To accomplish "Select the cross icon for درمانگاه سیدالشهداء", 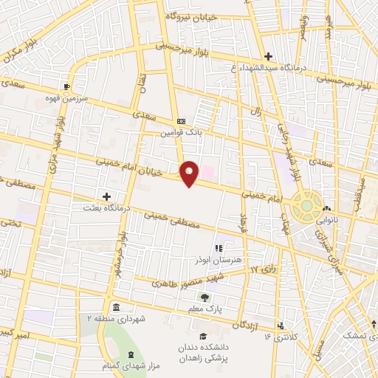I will (x=268, y=56).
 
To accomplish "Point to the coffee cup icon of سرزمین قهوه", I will (x=68, y=86).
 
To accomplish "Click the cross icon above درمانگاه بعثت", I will (x=107, y=196).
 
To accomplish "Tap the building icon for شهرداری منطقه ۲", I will (x=115, y=306).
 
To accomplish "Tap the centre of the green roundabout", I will (x=303, y=205).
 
